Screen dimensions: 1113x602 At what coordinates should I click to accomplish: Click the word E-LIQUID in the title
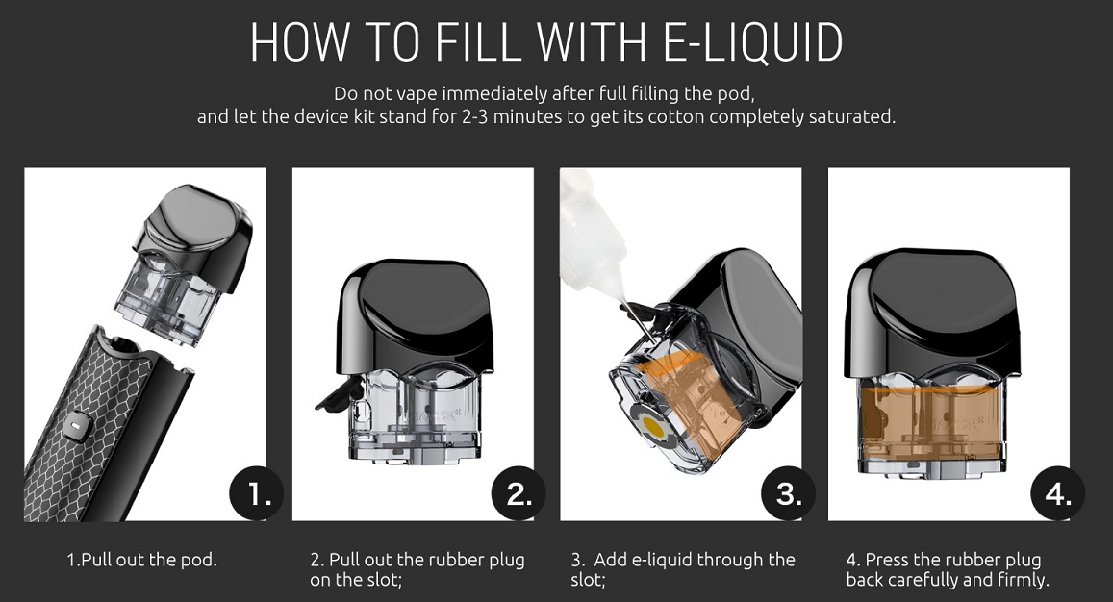point(752,42)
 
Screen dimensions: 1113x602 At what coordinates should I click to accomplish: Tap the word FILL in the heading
point(476,42)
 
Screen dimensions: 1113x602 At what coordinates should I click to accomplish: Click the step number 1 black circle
point(256,493)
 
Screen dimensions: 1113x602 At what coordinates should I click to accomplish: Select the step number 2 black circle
point(519,493)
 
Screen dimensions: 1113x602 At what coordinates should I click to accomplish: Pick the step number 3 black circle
point(788,493)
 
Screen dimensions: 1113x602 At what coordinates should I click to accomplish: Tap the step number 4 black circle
point(1057,493)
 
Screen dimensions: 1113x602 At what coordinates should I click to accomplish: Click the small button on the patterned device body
point(74,428)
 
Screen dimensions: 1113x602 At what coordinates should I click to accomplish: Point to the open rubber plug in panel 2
point(340,395)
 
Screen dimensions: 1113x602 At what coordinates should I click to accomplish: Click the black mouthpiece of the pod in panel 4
point(931,313)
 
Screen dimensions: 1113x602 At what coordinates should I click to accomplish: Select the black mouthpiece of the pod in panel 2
point(415,316)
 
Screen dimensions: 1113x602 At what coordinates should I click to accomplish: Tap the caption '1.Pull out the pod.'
point(142,560)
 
